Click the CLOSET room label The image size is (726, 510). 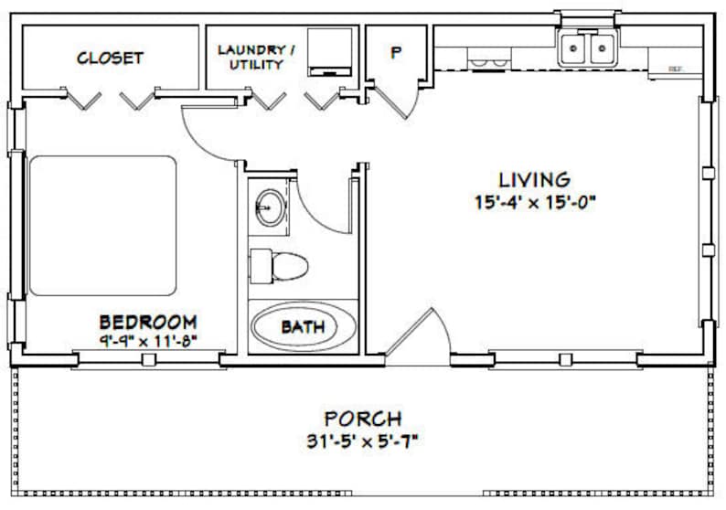(x=110, y=58)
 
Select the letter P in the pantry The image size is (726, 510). (x=396, y=53)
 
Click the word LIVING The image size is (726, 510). (x=534, y=179)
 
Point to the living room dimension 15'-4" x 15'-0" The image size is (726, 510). (x=534, y=202)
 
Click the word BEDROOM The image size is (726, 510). (x=148, y=322)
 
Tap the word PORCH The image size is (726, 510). (x=362, y=420)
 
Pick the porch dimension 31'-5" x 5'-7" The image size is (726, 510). (x=362, y=441)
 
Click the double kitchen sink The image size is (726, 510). (x=587, y=48)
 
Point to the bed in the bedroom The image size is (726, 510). (x=102, y=226)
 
